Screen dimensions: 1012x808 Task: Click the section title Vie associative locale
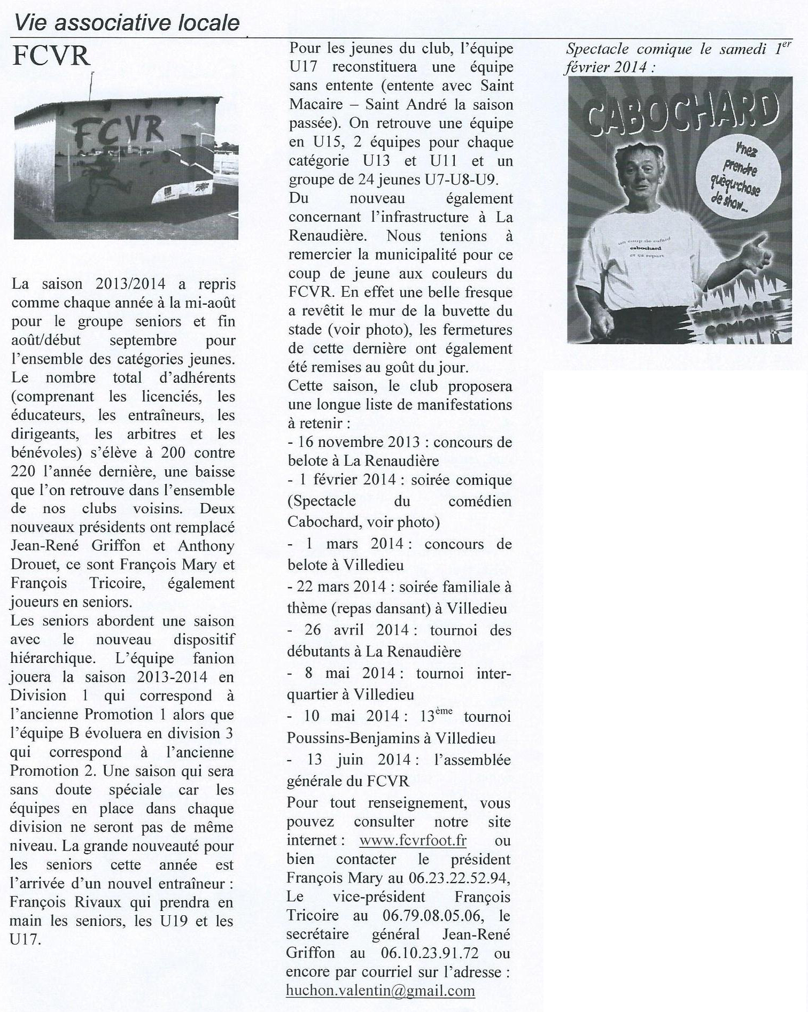click(x=127, y=22)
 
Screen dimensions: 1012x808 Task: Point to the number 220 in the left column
click(x=26, y=472)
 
